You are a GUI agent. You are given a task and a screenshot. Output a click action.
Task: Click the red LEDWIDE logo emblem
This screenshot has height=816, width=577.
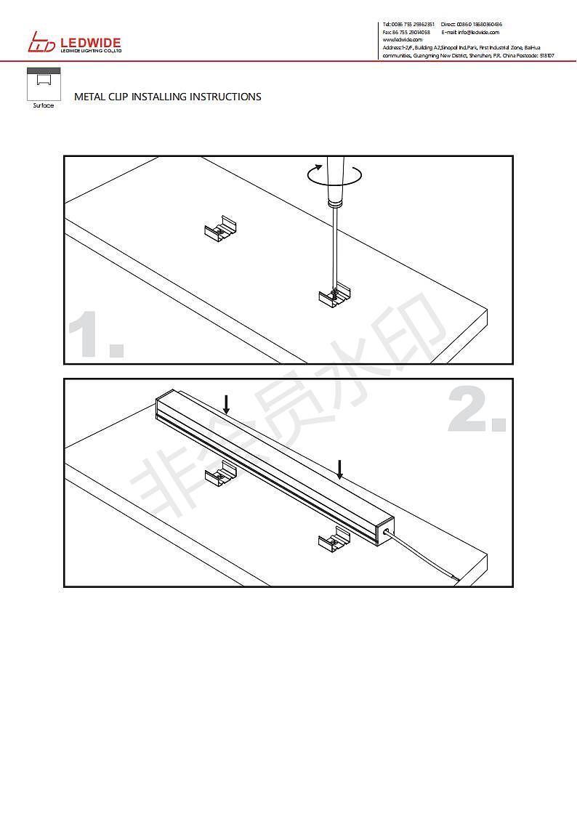tap(41, 44)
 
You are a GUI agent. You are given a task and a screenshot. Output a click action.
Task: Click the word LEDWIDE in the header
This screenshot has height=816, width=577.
tap(92, 43)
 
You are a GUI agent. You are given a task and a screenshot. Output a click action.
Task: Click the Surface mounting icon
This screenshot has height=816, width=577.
tap(44, 84)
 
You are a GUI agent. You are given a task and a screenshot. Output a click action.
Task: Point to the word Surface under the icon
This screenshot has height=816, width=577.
tap(44, 106)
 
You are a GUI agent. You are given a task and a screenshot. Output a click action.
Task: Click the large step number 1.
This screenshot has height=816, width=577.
tap(94, 335)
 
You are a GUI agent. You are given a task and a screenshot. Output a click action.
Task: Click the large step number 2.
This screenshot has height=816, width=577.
tap(476, 411)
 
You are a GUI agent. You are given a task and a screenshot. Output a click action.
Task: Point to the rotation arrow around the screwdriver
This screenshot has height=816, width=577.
tap(334, 174)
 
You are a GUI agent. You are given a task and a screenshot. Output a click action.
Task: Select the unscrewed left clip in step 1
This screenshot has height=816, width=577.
tap(221, 230)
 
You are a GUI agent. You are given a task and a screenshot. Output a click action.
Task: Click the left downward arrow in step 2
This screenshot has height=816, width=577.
tap(227, 404)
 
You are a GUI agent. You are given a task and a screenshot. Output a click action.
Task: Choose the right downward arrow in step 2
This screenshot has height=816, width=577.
tap(339, 469)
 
